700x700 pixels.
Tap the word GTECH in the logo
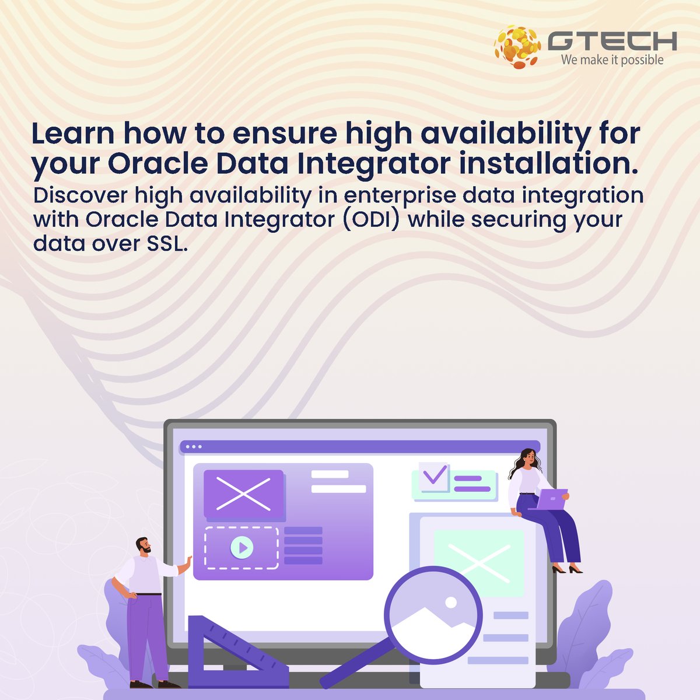(x=612, y=41)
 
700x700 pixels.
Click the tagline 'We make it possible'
(x=612, y=60)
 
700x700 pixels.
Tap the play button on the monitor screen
(x=242, y=547)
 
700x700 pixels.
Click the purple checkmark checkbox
(x=433, y=475)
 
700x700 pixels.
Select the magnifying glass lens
(x=433, y=614)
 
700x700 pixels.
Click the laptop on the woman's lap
(x=551, y=499)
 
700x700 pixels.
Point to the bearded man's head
(x=143, y=547)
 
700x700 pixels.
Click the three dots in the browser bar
(x=193, y=447)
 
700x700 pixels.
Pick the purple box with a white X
(x=243, y=494)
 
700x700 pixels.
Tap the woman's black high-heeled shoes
(x=566, y=569)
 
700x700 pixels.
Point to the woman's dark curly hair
(x=523, y=461)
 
